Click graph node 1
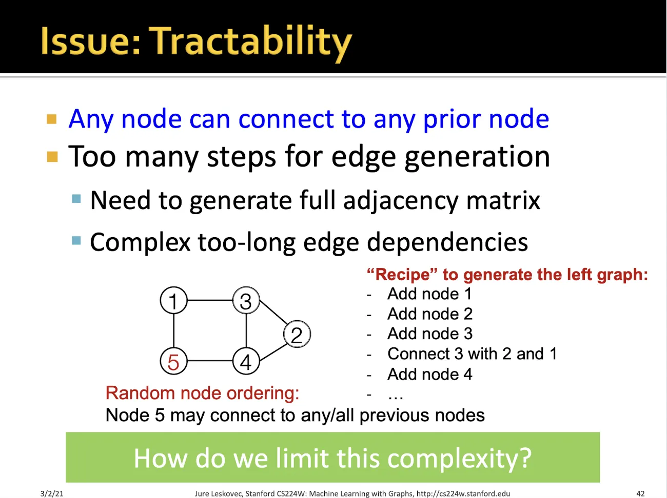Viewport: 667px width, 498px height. tap(173, 300)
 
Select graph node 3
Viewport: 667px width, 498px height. tap(246, 300)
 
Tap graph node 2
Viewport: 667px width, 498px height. tap(297, 334)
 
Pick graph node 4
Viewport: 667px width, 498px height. tap(246, 361)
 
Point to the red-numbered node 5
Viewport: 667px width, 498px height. tap(173, 361)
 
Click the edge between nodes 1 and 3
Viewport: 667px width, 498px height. tap(210, 300)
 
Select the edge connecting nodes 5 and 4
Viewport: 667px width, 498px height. tap(210, 361)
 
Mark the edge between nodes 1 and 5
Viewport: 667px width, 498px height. tap(173, 330)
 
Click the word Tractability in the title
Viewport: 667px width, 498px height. tap(250, 42)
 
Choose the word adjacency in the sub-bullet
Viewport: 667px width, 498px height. tap(401, 201)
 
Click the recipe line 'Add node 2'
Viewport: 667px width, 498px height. tap(429, 314)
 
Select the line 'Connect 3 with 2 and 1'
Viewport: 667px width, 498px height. tap(472, 354)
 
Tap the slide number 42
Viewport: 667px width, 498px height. tap(640, 493)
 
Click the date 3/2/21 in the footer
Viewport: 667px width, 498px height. tap(52, 493)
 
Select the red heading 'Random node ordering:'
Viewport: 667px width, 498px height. tap(202, 393)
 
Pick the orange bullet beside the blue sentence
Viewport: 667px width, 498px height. tap(52, 119)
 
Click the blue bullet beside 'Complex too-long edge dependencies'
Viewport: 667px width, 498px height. tap(76, 240)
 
